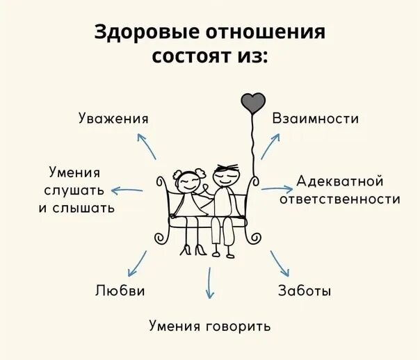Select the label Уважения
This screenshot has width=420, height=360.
(x=113, y=118)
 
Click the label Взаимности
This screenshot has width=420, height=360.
(x=316, y=118)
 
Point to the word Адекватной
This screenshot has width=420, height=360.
(x=340, y=181)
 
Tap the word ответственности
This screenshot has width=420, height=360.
(x=340, y=199)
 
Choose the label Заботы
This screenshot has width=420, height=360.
(x=305, y=291)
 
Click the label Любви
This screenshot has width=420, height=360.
(x=120, y=291)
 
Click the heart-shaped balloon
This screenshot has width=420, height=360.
(x=252, y=102)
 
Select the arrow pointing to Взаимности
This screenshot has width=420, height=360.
(x=270, y=144)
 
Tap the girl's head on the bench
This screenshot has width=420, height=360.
(x=187, y=183)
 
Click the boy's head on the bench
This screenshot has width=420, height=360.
(x=225, y=175)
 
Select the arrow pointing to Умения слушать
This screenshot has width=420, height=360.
(x=127, y=190)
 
